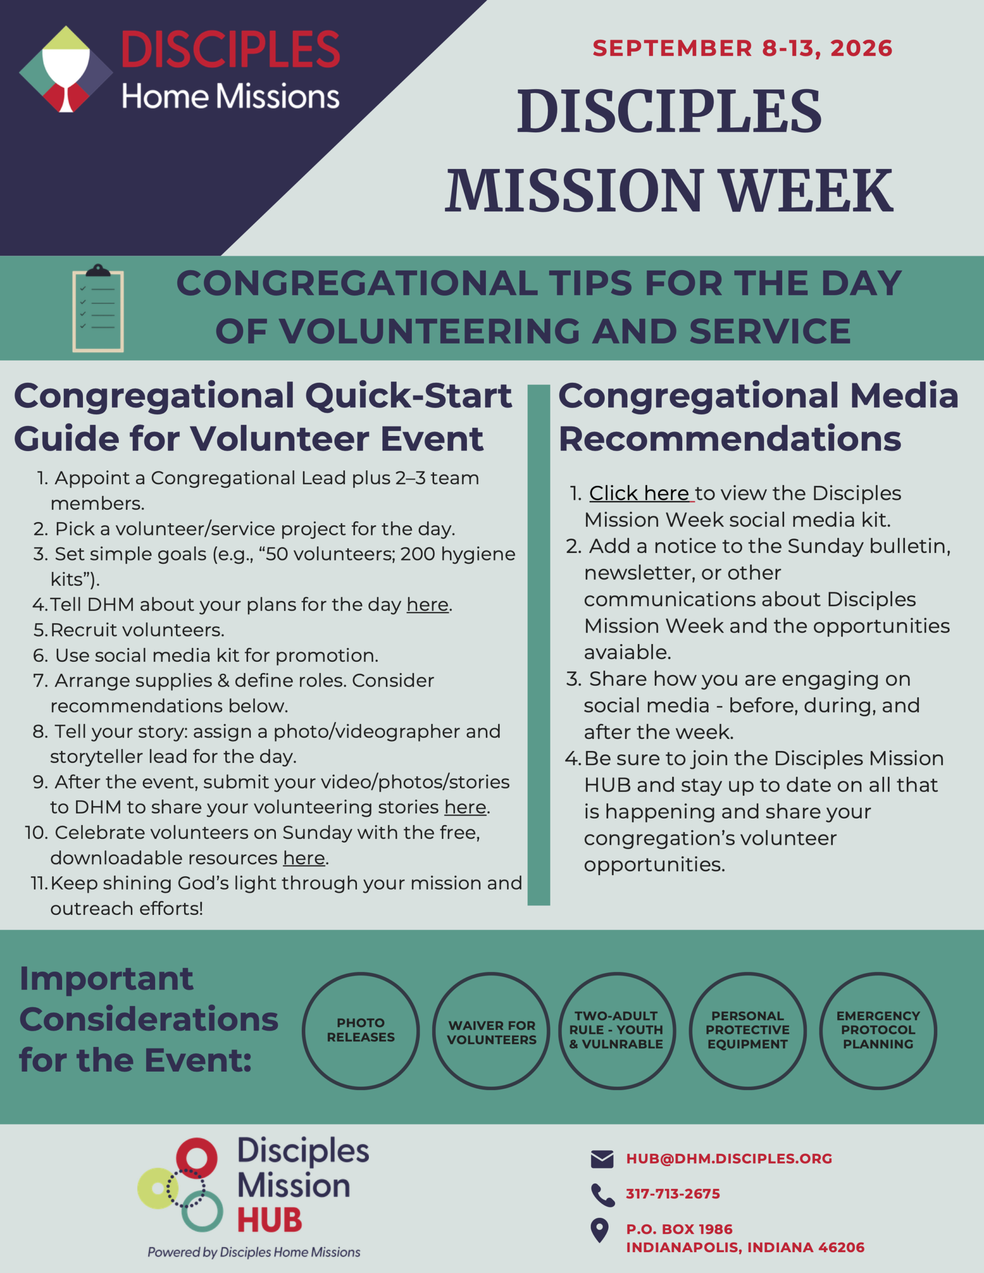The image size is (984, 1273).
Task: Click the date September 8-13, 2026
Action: coord(742,48)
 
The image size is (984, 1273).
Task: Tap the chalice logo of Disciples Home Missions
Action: coord(66,69)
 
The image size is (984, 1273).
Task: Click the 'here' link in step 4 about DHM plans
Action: coord(427,605)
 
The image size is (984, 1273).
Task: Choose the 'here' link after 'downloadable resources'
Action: coord(304,857)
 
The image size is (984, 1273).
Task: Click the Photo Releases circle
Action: coord(361,1030)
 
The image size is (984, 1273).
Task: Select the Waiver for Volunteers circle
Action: coord(491,1030)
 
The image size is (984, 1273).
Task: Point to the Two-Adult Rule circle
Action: coord(616,1030)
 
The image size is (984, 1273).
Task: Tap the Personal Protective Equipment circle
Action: coord(747,1030)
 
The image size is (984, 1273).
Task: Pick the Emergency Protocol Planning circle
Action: coord(878,1030)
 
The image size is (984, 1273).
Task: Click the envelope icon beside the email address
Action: coord(602,1159)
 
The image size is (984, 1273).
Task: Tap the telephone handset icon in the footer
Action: coord(603,1195)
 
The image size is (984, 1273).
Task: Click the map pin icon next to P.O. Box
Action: coord(600,1230)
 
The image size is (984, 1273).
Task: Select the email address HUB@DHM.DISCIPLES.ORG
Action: coord(728,1159)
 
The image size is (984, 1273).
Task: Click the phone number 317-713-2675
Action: coord(673,1194)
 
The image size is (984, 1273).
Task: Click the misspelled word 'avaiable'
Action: coord(627,652)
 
